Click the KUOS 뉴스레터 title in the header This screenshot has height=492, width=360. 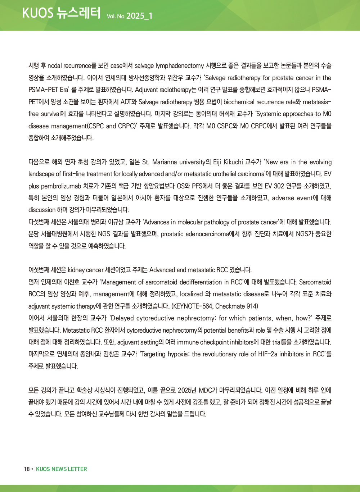tap(61, 13)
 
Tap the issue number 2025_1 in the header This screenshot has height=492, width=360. tap(139, 16)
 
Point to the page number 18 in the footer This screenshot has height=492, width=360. tap(27, 469)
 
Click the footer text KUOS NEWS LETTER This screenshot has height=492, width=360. tap(62, 469)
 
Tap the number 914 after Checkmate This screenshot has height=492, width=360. tap(252, 306)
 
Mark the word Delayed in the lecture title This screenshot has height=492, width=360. tap(125, 318)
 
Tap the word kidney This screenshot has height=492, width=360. tap(76, 270)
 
